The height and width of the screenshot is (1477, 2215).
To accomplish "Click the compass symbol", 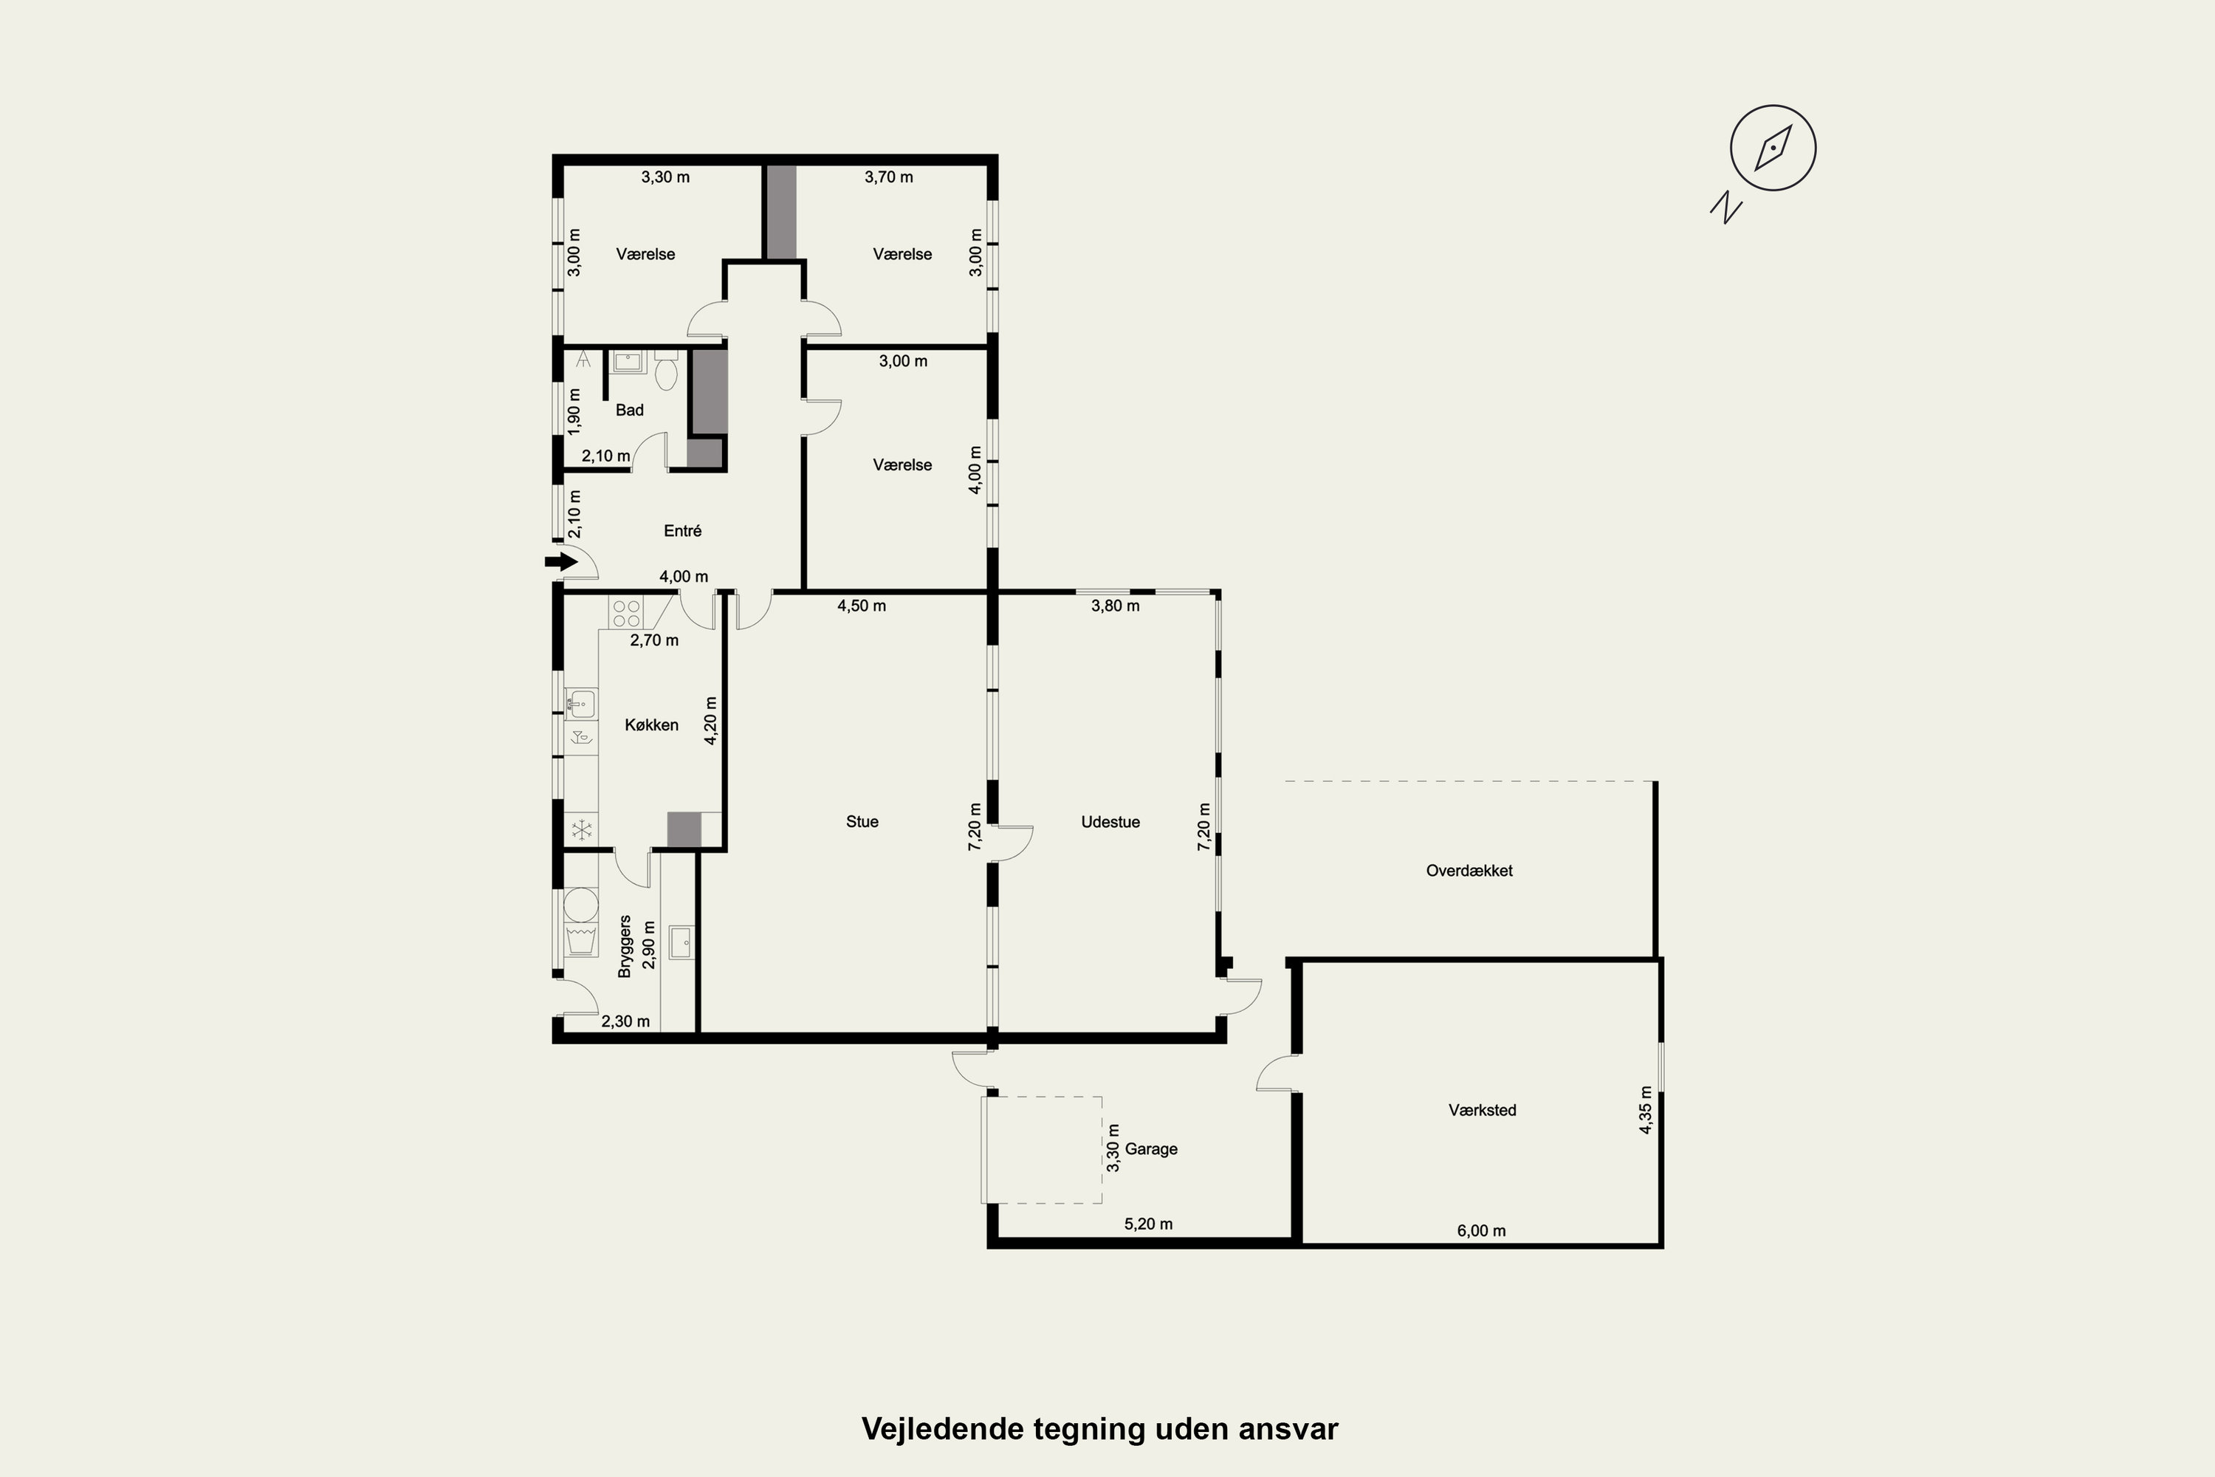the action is point(1773,148).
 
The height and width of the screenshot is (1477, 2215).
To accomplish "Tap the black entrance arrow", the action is point(561,562).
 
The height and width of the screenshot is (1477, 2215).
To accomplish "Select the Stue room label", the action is point(862,821).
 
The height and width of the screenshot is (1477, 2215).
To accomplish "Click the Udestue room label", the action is point(1110,821).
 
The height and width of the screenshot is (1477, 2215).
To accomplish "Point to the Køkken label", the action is point(652,724).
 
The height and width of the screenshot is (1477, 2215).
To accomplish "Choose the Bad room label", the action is point(629,410).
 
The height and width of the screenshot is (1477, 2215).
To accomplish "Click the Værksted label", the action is point(1483,1110).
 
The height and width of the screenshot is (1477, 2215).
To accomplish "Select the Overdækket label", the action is point(1469,871).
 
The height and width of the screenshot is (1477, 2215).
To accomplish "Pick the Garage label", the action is point(1151,1148).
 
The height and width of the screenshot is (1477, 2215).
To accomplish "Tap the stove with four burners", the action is point(626,613).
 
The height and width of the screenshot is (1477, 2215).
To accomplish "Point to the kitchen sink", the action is point(581,704).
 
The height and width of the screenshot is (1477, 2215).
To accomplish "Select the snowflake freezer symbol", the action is point(582,830).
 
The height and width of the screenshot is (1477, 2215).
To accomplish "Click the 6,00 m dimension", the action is point(1481,1230).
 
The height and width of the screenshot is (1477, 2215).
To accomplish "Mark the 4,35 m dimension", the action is point(1645,1110).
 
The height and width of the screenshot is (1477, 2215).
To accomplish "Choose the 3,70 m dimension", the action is point(889,177).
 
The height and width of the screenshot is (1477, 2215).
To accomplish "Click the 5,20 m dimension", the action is point(1148,1224).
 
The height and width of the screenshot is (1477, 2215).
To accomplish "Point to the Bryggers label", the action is point(625,946).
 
